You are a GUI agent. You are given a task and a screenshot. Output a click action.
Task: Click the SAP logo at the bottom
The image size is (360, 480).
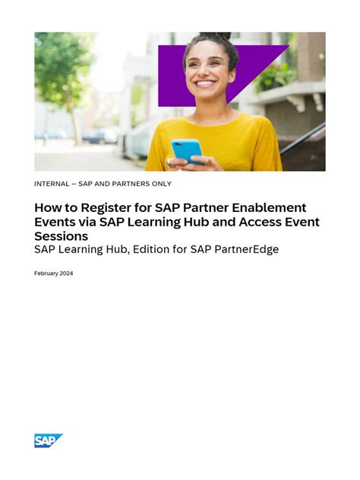coord(48,441)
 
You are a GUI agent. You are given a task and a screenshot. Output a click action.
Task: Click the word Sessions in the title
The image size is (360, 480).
coord(61,235)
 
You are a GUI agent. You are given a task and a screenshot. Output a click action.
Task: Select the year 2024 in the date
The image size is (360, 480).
coord(66,273)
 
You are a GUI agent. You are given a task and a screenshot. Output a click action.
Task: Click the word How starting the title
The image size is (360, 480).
coord(46,207)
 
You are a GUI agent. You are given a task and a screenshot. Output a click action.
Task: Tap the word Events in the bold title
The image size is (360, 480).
coord(55,222)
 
